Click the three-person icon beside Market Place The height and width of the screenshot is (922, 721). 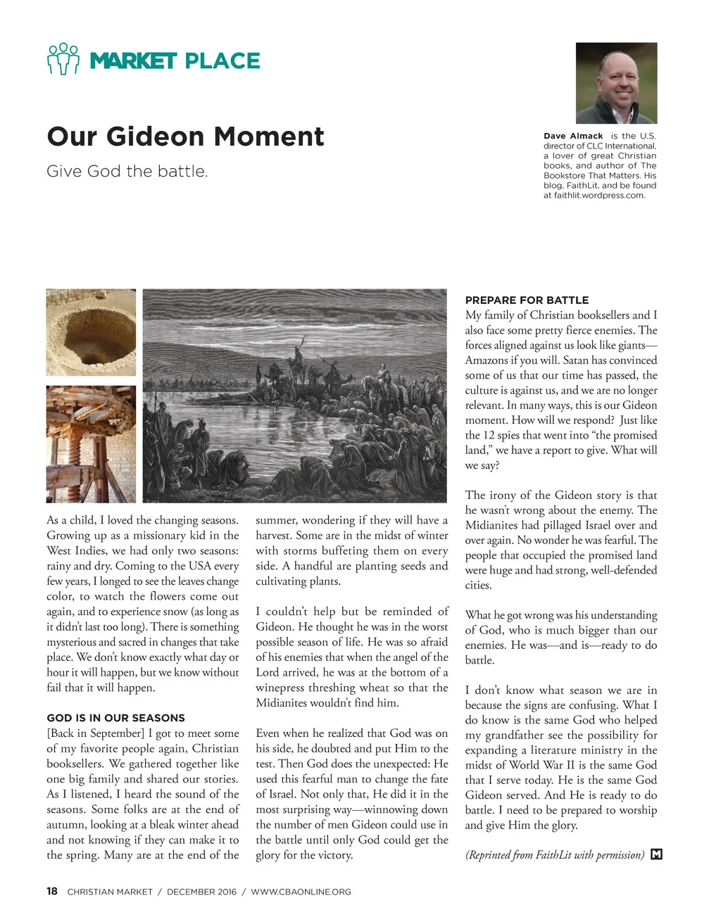point(63,59)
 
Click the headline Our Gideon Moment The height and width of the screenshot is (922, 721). point(186,137)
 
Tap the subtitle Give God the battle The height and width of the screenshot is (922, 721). point(127,171)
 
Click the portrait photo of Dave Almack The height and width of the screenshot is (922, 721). point(616,83)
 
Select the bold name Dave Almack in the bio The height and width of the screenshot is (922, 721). point(573,136)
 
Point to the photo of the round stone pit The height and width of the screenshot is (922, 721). point(91,332)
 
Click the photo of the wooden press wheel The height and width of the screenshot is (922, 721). point(91,443)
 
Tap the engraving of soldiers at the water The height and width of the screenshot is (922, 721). point(294,396)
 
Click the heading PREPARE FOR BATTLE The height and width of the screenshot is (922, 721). point(527,300)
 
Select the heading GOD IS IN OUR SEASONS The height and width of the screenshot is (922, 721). point(115,718)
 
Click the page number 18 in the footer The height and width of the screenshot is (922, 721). point(52,891)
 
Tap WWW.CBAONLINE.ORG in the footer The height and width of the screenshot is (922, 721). point(301,892)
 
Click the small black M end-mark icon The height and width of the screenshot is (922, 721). point(656,854)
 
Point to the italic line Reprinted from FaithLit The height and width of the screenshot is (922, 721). point(554,855)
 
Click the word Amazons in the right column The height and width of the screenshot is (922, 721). point(487,360)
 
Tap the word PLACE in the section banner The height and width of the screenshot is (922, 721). point(222,61)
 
